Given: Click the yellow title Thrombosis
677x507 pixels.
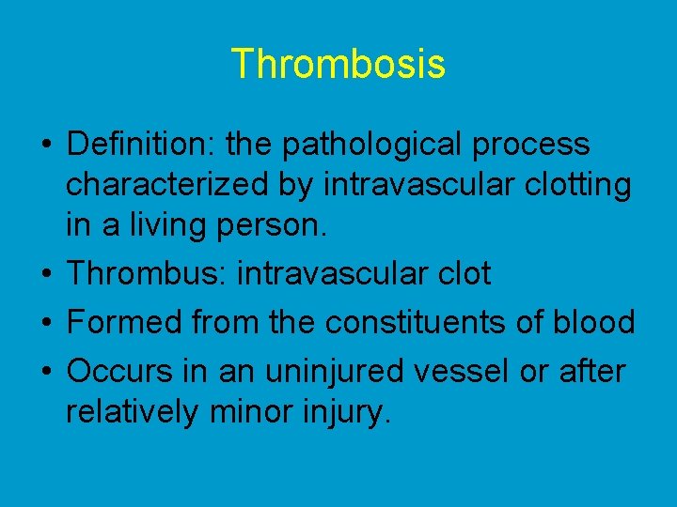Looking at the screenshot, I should (338, 64).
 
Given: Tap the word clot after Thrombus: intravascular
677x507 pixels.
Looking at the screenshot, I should (460, 273).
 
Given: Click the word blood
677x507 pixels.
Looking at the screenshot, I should (593, 322).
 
